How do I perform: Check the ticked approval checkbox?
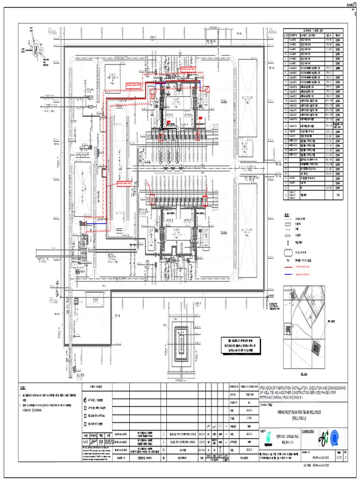tap(85, 400)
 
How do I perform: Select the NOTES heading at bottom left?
tap(23, 389)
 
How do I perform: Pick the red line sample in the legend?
tap(289, 265)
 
